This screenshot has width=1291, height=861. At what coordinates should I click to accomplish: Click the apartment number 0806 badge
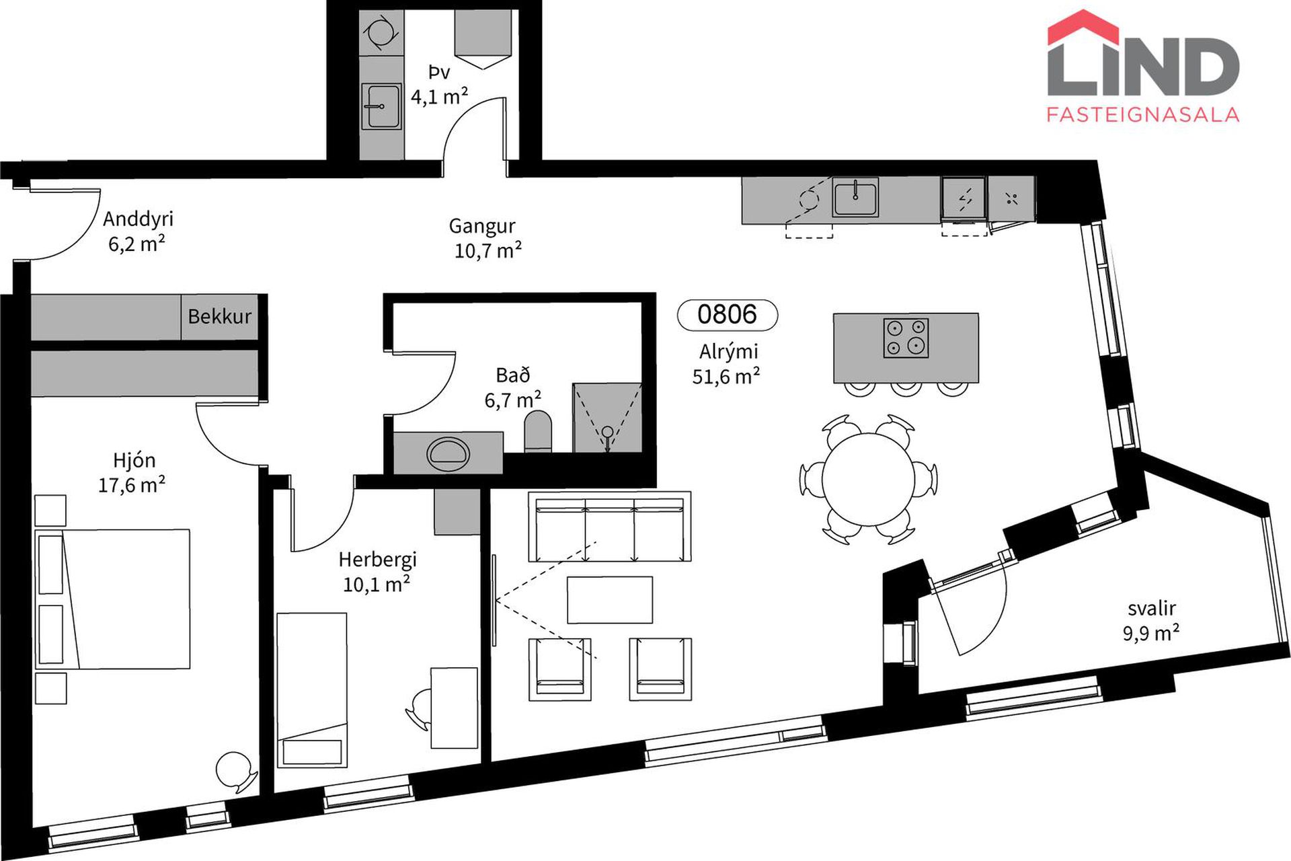click(727, 315)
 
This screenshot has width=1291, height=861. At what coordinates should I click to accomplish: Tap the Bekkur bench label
click(219, 316)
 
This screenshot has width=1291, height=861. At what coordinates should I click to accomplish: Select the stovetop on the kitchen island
click(906, 338)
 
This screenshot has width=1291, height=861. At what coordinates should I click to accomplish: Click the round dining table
click(868, 479)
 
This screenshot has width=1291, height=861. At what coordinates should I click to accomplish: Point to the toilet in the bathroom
click(537, 432)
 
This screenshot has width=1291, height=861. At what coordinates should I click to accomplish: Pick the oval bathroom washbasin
click(448, 454)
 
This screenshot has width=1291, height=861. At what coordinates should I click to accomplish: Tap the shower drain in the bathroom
click(608, 432)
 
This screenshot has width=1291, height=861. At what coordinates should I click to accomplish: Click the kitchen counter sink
click(855, 197)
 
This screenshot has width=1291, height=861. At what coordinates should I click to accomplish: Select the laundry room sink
click(381, 106)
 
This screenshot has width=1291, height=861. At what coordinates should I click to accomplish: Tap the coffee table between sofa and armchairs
click(610, 599)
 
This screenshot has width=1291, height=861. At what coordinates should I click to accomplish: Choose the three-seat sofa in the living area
click(610, 527)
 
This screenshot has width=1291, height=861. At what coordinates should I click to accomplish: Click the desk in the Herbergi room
click(455, 708)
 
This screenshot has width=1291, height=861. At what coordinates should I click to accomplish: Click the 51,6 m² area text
click(726, 376)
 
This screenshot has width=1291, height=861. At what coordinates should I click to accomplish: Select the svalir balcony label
click(1152, 608)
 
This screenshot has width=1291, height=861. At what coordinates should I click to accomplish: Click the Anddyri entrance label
click(138, 219)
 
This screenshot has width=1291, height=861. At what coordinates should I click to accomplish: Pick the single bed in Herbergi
click(312, 689)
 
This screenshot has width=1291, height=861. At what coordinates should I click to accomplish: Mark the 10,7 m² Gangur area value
click(488, 250)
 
